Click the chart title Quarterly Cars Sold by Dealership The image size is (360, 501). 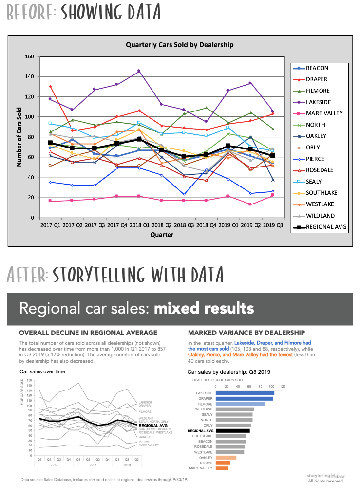179,45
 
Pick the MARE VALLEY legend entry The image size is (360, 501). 324,113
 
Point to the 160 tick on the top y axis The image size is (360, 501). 29,57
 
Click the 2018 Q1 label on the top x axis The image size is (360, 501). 139,226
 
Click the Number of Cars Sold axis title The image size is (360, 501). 19,137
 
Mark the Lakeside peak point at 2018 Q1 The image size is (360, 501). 139,71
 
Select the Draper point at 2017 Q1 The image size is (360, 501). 50,87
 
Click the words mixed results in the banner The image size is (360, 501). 204,308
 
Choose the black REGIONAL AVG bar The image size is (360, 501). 233,430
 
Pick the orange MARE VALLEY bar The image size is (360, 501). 222,468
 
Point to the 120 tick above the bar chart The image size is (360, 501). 282,386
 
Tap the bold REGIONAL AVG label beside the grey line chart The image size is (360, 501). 152,425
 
